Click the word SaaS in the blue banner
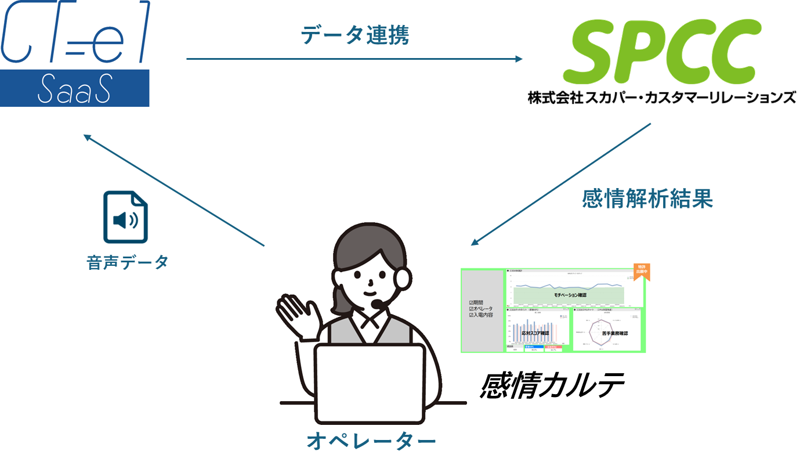click(74, 90)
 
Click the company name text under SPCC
click(661, 97)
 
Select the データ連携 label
click(354, 36)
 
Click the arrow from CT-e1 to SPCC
click(354, 59)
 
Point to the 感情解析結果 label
click(647, 199)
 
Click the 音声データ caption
click(127, 262)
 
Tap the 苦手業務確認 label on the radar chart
click(609, 334)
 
